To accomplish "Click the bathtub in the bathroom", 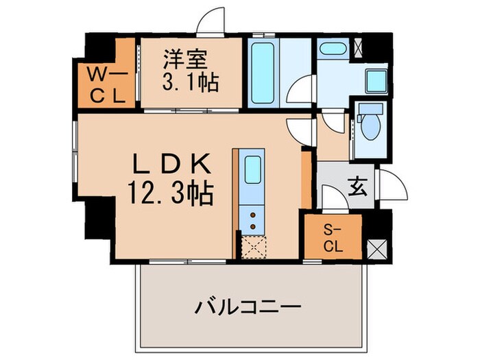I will click(261, 73).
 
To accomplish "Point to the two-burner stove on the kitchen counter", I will click(253, 219).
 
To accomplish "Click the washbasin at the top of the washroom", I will click(335, 49).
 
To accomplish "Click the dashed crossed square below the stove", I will click(253, 245).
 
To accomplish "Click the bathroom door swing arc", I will click(300, 93).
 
